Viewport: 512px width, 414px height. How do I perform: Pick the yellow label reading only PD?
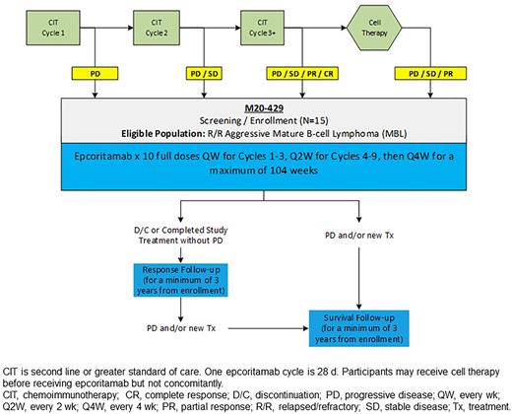pos(95,73)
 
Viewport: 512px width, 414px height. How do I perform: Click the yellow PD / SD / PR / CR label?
pos(302,73)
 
